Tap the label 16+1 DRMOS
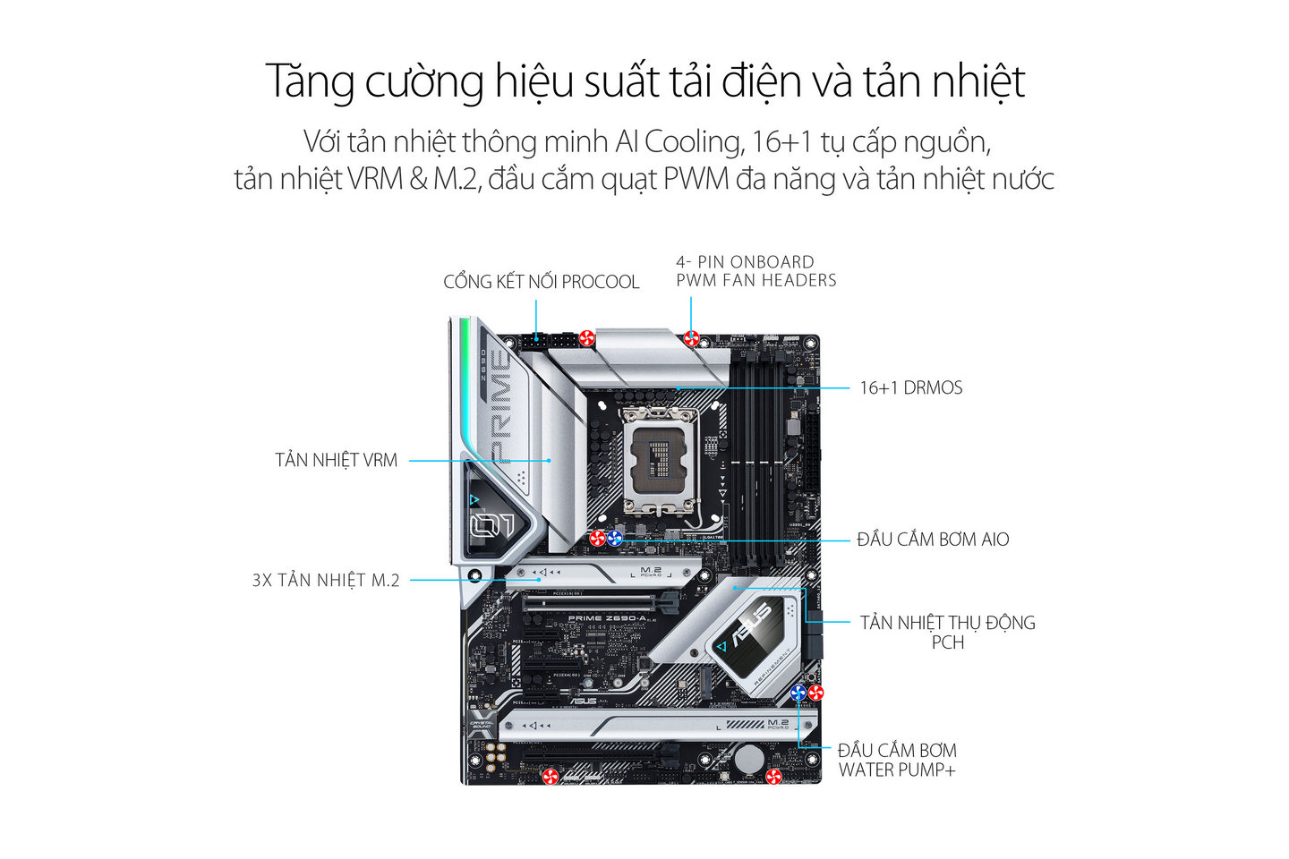[x=910, y=387]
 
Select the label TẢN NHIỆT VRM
[x=336, y=460]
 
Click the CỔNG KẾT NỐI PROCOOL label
[x=541, y=282]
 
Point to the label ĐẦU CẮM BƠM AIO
[x=932, y=540]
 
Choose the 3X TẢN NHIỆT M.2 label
[x=326, y=580]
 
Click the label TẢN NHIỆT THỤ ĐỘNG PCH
[x=947, y=632]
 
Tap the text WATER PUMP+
[x=897, y=770]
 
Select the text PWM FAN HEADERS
[x=756, y=280]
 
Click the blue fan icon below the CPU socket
[x=615, y=538]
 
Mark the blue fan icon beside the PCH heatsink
[x=799, y=692]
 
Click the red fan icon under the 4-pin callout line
[x=691, y=338]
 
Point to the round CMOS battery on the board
[x=749, y=759]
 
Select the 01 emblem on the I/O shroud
[x=492, y=525]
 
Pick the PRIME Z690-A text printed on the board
[x=607, y=618]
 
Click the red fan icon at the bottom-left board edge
[x=552, y=776]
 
